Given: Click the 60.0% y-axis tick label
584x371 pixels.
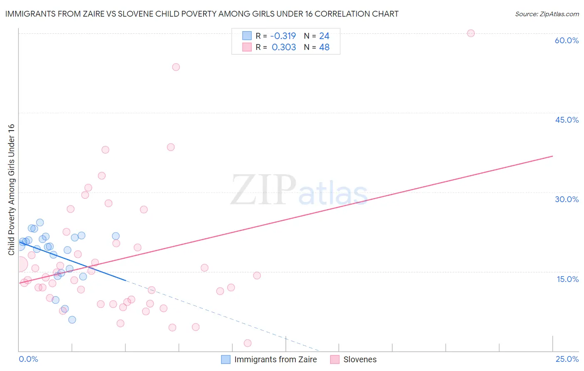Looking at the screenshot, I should point(567,40).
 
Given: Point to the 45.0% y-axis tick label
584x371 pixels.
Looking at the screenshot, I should point(567,120).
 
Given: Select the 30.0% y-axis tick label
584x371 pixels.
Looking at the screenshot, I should point(567,199).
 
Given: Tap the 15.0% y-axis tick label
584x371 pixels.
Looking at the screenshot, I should point(567,279).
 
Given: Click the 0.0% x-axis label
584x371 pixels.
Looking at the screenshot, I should point(28,359).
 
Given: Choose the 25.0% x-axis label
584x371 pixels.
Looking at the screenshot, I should point(567,359).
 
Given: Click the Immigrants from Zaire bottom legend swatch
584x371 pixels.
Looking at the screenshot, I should point(226,359).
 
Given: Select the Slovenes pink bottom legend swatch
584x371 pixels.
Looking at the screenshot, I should point(335,359).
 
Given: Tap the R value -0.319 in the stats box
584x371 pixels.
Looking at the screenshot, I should point(283,36).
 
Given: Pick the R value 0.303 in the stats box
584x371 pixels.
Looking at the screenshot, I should point(284,47).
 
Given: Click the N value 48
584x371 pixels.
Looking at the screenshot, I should point(324,47).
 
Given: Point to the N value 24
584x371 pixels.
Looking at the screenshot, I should point(324,36).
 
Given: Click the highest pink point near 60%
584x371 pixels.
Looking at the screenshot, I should point(471,33).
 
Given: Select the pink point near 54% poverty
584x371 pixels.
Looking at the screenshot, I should point(176,67).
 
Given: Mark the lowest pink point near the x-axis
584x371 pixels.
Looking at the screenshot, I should point(248,343).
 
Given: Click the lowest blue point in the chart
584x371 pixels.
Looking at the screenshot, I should point(72,319).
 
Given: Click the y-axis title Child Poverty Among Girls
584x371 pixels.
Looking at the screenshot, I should point(11,189).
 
